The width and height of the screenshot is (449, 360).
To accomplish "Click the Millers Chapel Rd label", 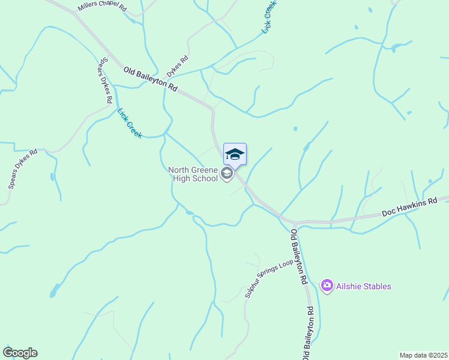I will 102,7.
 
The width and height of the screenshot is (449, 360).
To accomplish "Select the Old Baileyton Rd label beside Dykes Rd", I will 151,79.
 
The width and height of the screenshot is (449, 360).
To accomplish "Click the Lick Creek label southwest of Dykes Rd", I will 130,123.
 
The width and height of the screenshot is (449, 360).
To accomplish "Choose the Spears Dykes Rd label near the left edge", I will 23,169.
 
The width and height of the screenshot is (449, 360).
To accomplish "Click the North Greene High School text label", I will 193,174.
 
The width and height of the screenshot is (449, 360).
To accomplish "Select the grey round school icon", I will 227,174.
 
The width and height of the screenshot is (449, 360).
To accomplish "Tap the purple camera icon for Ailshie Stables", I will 327,286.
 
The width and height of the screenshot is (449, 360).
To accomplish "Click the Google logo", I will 20,353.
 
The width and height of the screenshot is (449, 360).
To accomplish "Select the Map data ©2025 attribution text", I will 423,355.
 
